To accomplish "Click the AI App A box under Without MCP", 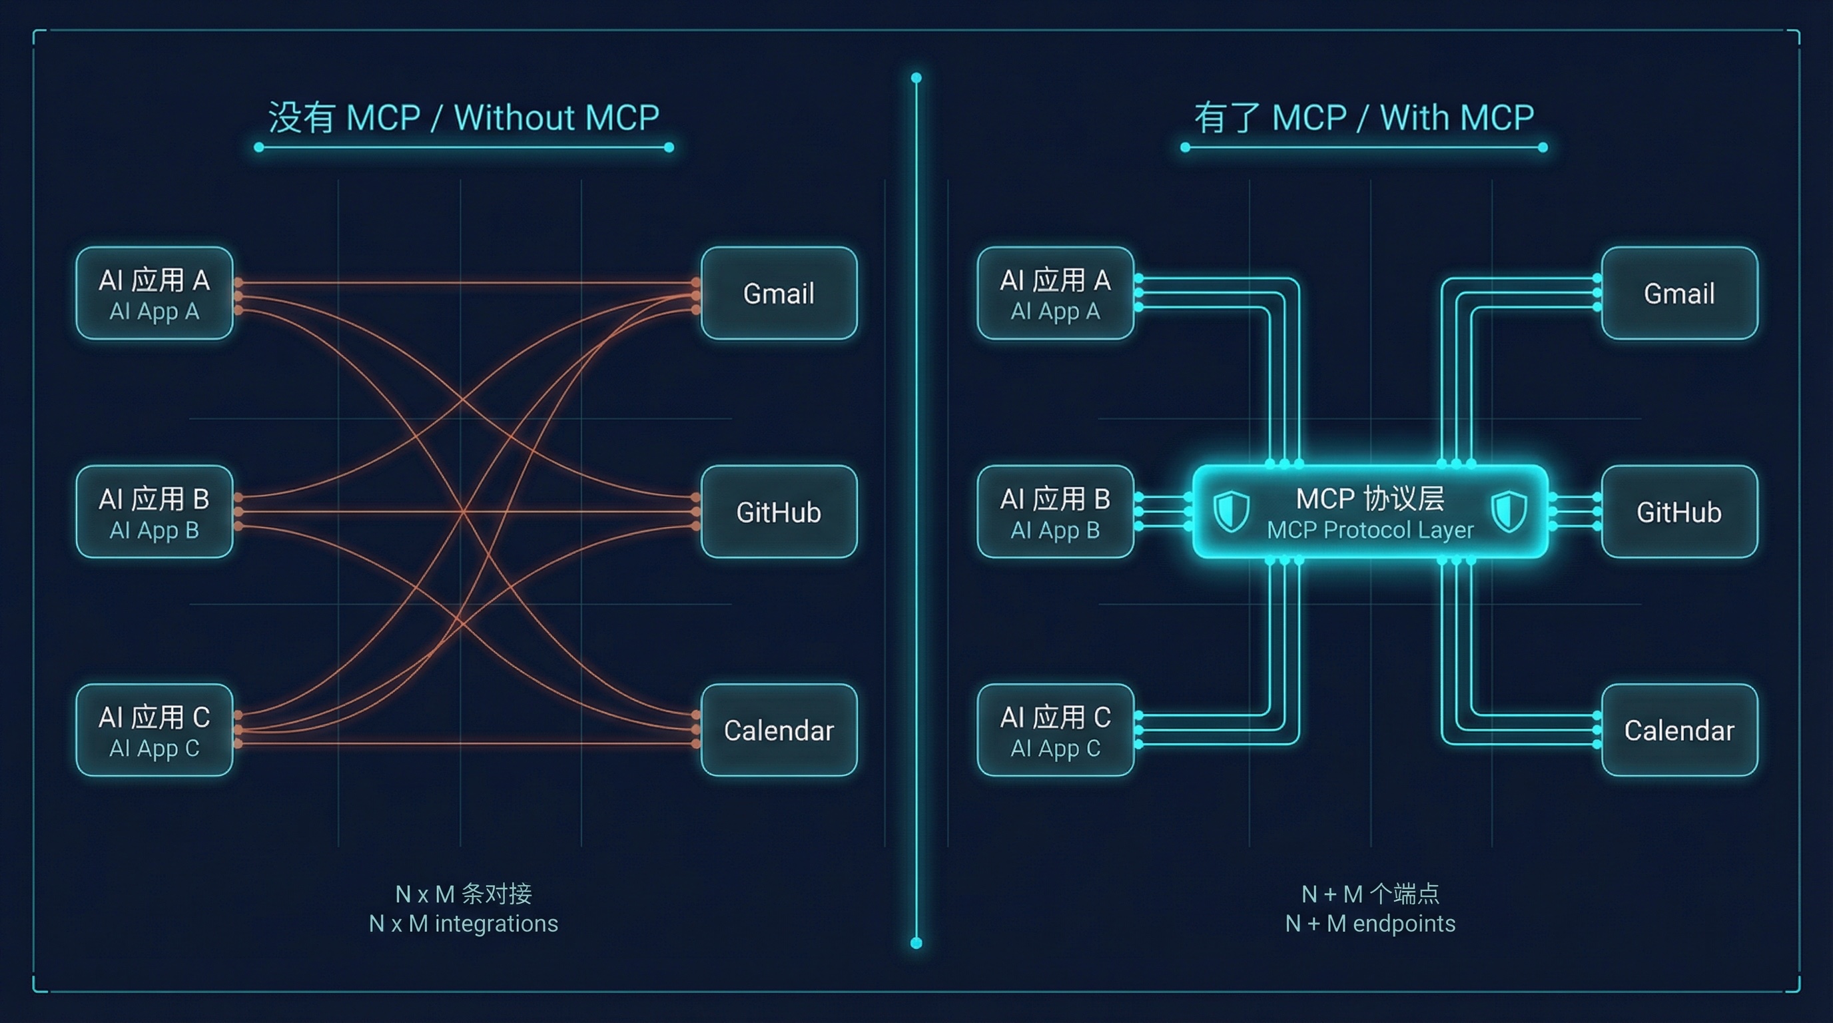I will [x=155, y=293].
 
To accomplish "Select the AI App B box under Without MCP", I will [x=155, y=511].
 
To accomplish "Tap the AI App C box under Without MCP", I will [x=155, y=730].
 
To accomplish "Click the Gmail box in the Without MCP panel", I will [x=779, y=293].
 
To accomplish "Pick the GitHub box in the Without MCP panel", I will [x=779, y=511].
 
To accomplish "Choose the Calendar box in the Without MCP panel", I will [x=779, y=730].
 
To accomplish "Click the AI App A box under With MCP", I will [x=1055, y=293].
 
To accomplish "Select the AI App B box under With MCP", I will [x=1055, y=511].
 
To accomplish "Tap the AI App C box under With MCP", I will [x=1055, y=730].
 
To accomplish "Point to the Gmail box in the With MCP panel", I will [x=1679, y=293].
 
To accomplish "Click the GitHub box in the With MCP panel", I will [x=1679, y=511].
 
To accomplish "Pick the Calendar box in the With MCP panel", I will [x=1679, y=730].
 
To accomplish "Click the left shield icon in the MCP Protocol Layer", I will [x=1231, y=511].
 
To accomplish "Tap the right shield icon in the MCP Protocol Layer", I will [x=1509, y=511].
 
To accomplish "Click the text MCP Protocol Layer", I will [x=1370, y=530].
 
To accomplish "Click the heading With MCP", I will [x=1364, y=117].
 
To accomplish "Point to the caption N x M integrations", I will [x=463, y=923].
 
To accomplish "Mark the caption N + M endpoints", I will [x=1370, y=923].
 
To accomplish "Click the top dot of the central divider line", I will [x=916, y=77].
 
